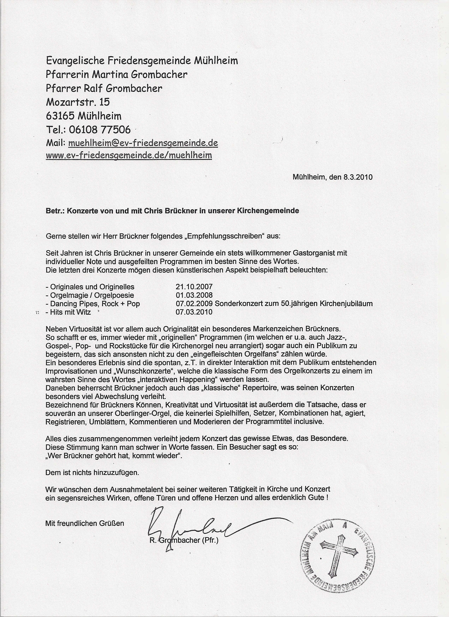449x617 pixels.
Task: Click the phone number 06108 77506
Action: pos(100,130)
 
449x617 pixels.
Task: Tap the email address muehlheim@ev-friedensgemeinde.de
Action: pos(143,143)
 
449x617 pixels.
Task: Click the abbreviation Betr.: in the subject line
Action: pos(55,211)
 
